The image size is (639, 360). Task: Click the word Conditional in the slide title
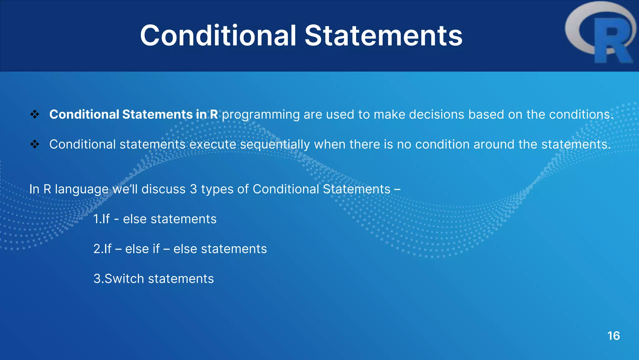[x=218, y=36]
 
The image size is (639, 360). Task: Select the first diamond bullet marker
[x=35, y=114]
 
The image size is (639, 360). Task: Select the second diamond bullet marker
[x=35, y=144]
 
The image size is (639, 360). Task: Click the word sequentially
[x=275, y=145]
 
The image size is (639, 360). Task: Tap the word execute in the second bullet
[x=212, y=144]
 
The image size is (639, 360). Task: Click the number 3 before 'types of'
[x=193, y=189]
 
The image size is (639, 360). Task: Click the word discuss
[x=163, y=189]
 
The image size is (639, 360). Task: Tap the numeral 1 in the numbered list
[x=96, y=219]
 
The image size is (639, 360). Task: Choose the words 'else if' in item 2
[x=142, y=249]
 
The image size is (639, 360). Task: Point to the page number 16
[x=613, y=336]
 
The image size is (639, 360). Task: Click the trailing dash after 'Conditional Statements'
[x=397, y=189]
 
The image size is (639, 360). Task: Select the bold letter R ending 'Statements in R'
[x=214, y=114]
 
